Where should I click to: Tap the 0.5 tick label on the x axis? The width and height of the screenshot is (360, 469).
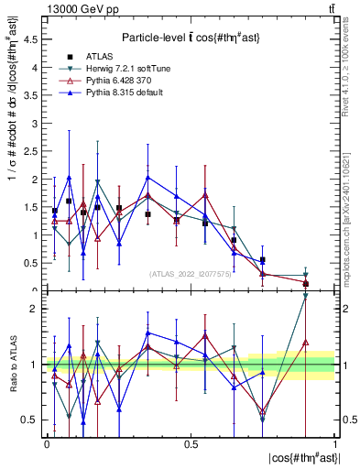tap(191, 443)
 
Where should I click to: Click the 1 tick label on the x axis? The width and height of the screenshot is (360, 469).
tap(335, 443)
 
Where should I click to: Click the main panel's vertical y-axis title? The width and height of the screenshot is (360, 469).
tap(12, 157)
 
